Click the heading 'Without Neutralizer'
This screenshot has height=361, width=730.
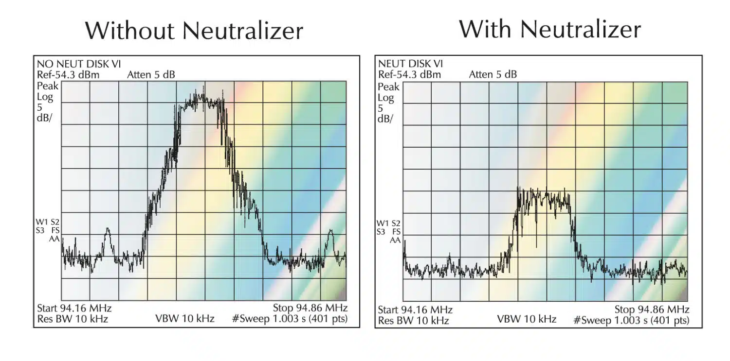click(194, 31)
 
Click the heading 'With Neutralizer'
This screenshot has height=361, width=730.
click(550, 29)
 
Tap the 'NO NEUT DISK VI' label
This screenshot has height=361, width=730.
click(79, 63)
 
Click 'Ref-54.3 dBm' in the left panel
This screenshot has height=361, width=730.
click(68, 74)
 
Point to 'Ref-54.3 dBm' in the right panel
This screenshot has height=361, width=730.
click(409, 74)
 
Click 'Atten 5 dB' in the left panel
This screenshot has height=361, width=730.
click(151, 74)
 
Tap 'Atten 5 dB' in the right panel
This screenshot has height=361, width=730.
click(493, 74)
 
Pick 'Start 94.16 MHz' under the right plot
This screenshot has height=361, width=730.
click(415, 309)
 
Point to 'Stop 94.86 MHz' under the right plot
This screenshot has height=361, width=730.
click(652, 309)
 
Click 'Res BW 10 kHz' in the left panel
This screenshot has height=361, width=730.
click(72, 319)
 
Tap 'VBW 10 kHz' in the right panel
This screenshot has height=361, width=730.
click(527, 319)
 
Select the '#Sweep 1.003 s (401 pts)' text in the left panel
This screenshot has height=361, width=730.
click(290, 319)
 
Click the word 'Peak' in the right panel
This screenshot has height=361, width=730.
click(388, 87)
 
